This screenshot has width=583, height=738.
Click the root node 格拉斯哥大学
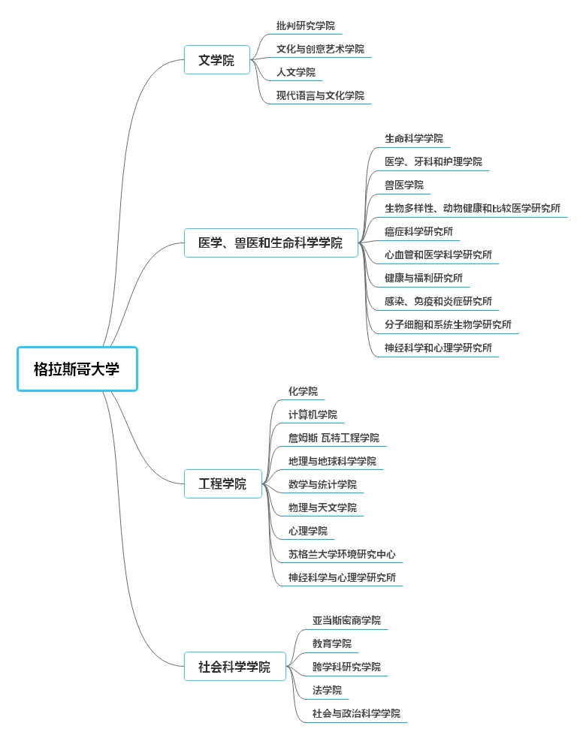(77, 369)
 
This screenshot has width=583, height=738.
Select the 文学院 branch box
(216, 60)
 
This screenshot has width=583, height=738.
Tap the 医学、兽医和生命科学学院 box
(270, 242)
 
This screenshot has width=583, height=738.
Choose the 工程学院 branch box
(222, 483)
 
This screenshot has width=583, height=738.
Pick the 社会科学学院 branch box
(234, 667)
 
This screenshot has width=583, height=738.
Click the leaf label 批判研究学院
(306, 26)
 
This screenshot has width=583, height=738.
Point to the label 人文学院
(296, 72)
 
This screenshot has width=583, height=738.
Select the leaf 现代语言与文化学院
(320, 95)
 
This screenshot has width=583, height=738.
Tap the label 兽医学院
(404, 185)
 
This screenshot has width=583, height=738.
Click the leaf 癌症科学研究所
(418, 231)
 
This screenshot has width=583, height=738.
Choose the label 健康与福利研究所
(424, 279)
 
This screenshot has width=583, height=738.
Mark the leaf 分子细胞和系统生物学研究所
(448, 325)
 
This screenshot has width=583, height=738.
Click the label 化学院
(303, 392)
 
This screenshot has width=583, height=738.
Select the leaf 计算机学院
(313, 414)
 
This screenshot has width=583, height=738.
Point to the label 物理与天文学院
(322, 508)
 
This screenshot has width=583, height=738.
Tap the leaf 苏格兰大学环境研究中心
(342, 555)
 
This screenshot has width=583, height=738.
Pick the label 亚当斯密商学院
(346, 621)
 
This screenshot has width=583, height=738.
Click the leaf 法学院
(327, 691)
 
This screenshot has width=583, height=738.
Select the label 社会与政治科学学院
(357, 713)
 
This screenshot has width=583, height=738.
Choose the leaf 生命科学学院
(414, 139)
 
